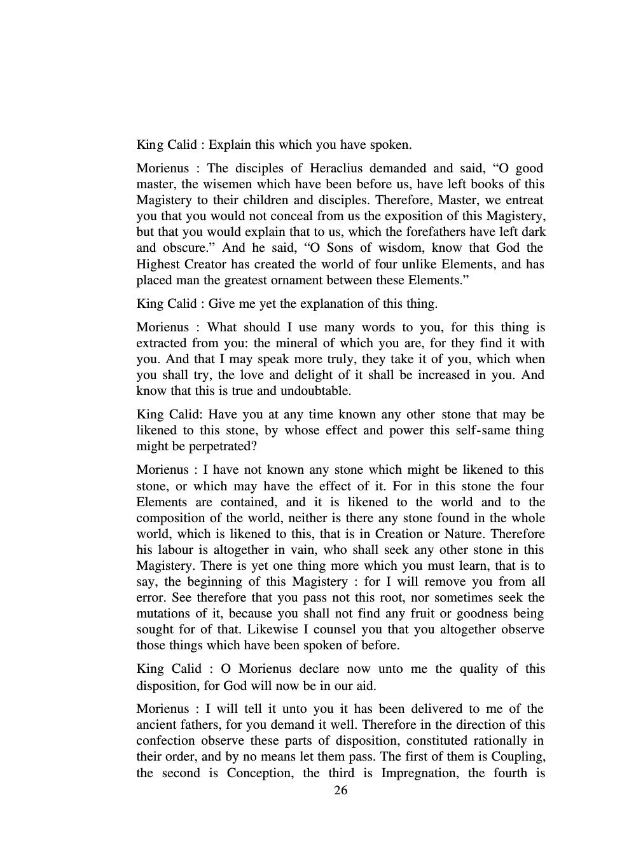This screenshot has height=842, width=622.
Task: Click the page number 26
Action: [340, 790]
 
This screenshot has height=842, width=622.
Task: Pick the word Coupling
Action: [521, 757]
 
